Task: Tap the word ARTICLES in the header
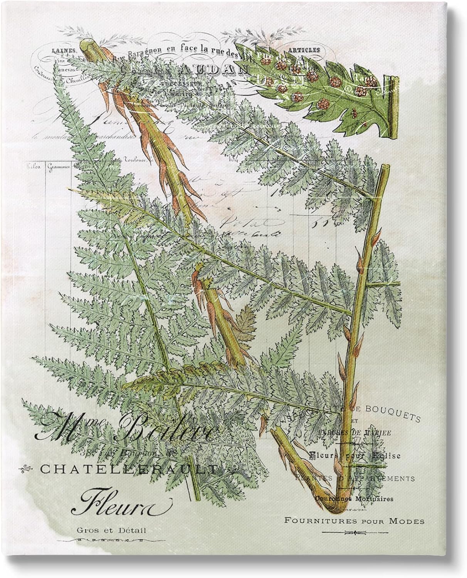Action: [x=306, y=50]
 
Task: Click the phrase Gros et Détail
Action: [x=111, y=531]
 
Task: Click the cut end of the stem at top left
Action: [x=86, y=46]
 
